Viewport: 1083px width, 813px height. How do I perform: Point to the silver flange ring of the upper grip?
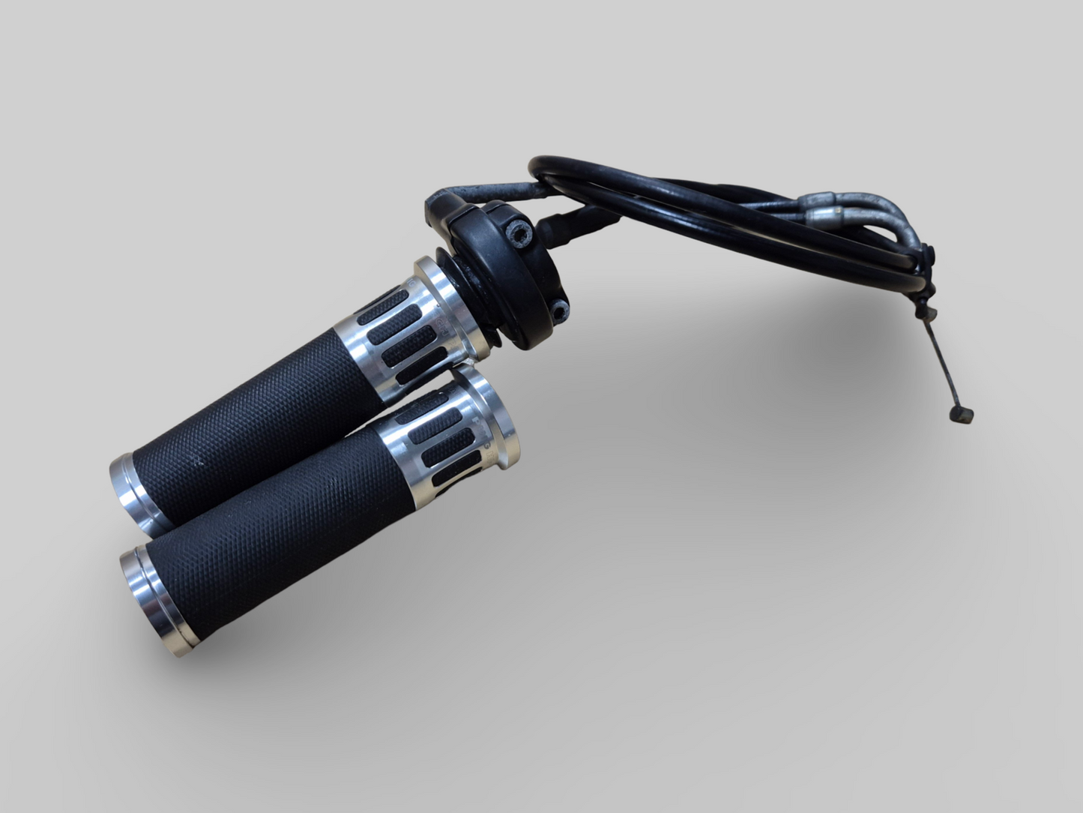(435, 277)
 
